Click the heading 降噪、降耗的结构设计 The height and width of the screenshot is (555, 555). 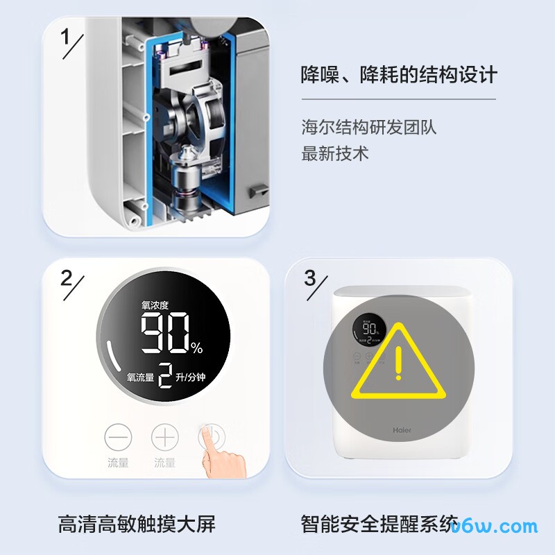pos(399,74)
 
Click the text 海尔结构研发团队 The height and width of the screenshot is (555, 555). pos(368,128)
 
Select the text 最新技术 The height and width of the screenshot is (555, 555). pos(334,153)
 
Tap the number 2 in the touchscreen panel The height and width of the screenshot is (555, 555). pos(66,277)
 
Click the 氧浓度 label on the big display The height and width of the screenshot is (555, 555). pos(155,305)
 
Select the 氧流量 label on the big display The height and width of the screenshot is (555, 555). pos(140,377)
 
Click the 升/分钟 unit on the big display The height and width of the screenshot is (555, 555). pos(191,377)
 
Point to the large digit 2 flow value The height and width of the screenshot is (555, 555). pos(165,376)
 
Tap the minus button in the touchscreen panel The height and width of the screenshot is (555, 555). pos(118,438)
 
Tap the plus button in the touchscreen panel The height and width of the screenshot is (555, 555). pos(164,438)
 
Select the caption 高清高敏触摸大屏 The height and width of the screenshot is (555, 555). pos(137,524)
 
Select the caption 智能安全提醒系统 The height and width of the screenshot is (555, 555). pos(379,524)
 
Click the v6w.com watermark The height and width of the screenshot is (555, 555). pos(494,526)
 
